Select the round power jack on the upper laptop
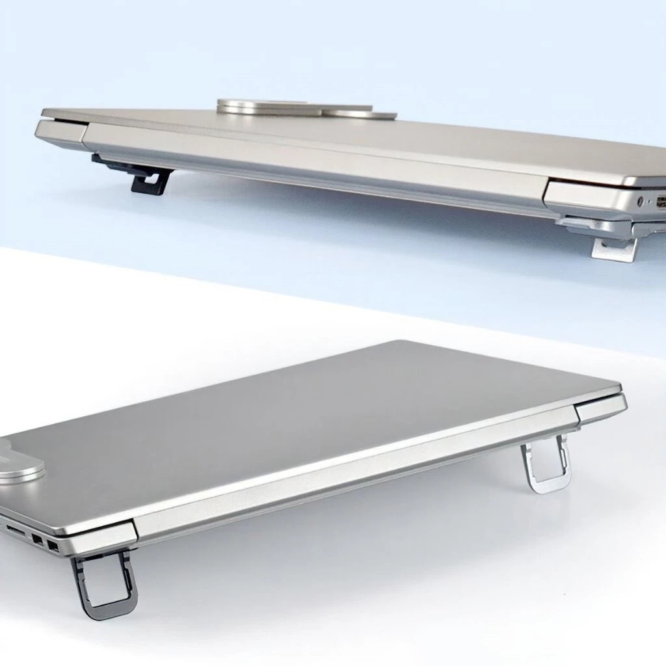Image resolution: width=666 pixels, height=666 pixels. pyautogui.click(x=642, y=202)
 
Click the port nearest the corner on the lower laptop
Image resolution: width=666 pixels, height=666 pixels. pyautogui.click(x=53, y=546)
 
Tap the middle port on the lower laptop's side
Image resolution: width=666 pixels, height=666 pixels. pyautogui.click(x=36, y=539)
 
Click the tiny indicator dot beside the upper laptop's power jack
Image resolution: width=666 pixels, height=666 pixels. pyautogui.click(x=651, y=202)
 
